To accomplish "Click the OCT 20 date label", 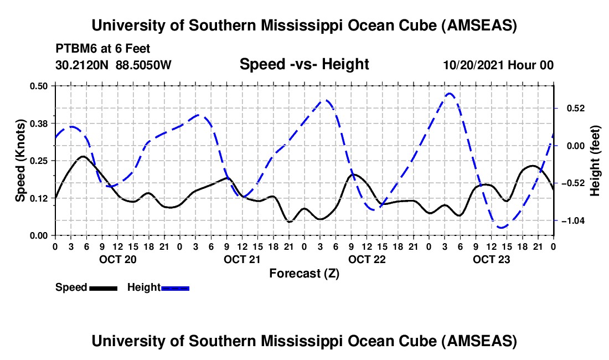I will tap(117, 259).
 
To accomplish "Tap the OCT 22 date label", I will tap(367, 259).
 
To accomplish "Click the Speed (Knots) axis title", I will tap(20, 161).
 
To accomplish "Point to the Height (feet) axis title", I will tap(595, 161).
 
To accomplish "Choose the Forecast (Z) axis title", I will tap(304, 273).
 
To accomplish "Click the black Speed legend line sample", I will tap(103, 288).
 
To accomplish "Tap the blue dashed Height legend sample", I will tap(176, 288).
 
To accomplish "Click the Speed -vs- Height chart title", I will tap(304, 64).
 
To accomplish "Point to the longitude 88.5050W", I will tap(144, 65).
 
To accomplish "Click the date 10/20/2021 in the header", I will tap(469, 65).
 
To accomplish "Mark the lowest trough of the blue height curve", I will tap(501, 227).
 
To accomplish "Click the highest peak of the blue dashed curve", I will tap(450, 94).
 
